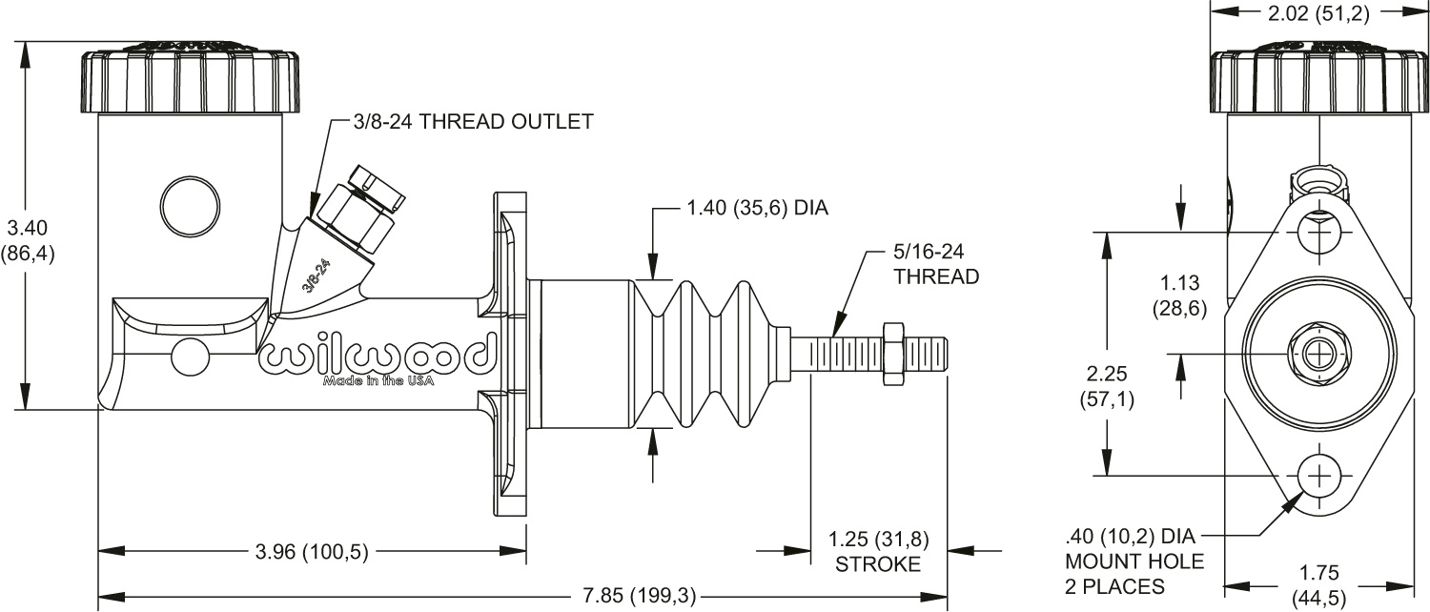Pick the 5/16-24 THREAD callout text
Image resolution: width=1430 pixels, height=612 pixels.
click(936, 266)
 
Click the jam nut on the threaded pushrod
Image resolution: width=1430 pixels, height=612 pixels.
click(893, 354)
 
